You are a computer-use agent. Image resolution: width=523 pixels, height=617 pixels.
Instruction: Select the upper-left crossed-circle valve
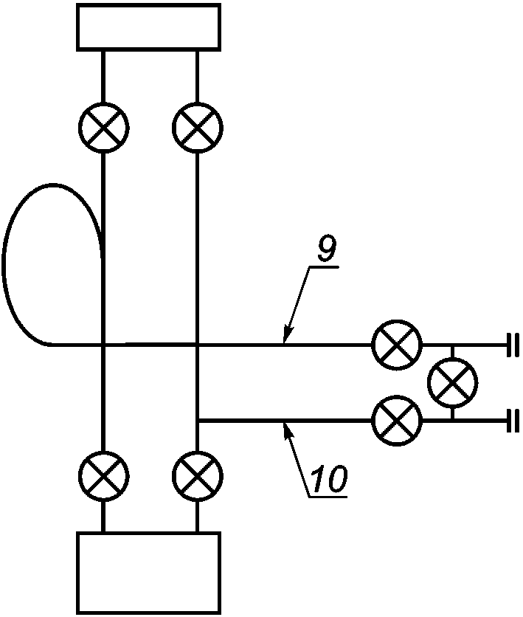coord(104,128)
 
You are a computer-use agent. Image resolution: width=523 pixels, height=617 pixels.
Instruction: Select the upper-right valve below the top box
coord(198,128)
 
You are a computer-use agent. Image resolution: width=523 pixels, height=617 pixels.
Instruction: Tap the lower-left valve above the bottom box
coord(104,476)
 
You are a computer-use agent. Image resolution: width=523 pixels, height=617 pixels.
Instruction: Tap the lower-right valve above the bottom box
coord(198,476)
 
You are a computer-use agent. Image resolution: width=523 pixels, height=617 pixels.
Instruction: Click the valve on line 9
coord(397,345)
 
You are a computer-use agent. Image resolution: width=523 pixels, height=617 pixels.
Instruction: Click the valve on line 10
coord(397,421)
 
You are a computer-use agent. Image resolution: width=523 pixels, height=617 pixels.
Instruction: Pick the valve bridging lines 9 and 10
coord(453,382)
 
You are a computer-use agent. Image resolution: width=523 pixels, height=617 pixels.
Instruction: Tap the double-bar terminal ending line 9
coord(513,345)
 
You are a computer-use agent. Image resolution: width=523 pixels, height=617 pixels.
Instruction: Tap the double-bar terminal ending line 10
coord(513,421)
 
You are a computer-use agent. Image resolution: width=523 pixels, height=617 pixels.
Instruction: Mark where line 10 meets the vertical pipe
coord(198,421)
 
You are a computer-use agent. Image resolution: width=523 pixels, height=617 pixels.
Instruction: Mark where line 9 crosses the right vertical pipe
coord(198,345)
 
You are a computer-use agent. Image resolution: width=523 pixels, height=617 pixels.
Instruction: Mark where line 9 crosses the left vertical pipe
coord(104,345)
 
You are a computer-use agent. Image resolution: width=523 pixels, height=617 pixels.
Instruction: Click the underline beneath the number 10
coord(328,497)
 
